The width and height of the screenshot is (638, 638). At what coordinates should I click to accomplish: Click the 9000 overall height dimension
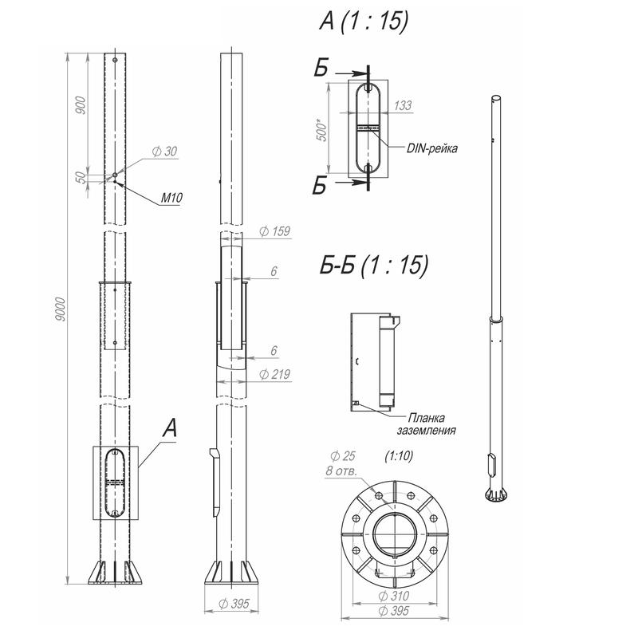click(x=60, y=309)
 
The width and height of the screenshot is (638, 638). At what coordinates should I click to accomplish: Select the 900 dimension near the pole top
click(x=81, y=105)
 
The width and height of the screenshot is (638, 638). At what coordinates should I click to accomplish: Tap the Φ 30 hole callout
click(x=165, y=152)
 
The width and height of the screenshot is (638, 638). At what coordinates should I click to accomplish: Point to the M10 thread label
click(x=171, y=198)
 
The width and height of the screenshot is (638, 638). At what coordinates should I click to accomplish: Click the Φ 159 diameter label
click(x=275, y=231)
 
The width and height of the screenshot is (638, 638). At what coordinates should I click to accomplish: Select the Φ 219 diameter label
click(x=275, y=374)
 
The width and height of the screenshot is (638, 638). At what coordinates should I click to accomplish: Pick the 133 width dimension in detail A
click(x=403, y=106)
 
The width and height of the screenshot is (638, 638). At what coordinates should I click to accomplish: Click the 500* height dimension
click(x=321, y=130)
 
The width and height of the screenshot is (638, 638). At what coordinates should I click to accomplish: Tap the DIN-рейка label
click(x=432, y=148)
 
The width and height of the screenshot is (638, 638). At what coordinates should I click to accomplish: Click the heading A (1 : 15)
click(x=364, y=21)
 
